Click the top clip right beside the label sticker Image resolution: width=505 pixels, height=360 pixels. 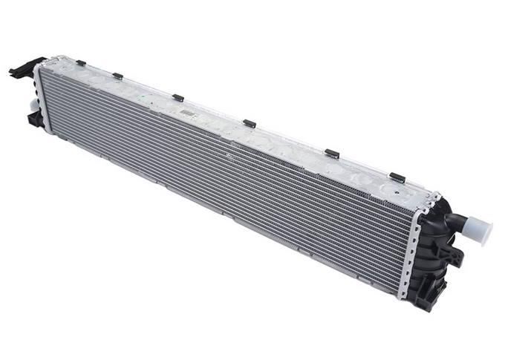[x=177, y=96]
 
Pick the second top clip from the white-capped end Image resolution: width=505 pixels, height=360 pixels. [x=331, y=153]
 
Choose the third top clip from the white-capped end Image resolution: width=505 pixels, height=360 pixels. [x=250, y=123]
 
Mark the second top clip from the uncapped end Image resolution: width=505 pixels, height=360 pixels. [x=117, y=75]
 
